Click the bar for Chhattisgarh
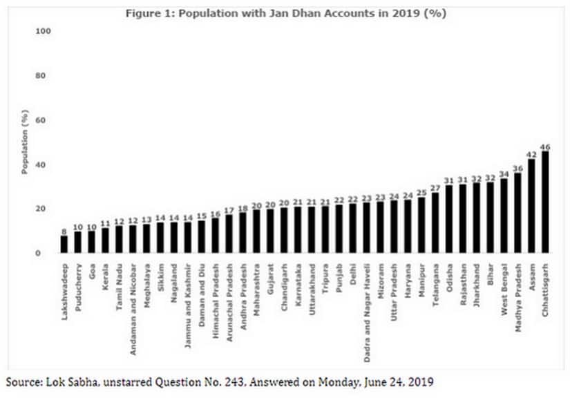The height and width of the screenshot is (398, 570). [x=545, y=202]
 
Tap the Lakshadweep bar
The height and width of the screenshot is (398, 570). [x=64, y=245]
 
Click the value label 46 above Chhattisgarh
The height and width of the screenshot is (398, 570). [x=545, y=147]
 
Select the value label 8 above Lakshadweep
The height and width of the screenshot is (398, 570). [x=64, y=231]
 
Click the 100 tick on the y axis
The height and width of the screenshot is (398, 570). [x=43, y=32]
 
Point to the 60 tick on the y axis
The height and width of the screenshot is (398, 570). [x=45, y=120]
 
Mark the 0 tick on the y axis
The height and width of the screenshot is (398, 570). [x=48, y=254]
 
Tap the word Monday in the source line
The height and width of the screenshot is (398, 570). [x=335, y=381]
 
